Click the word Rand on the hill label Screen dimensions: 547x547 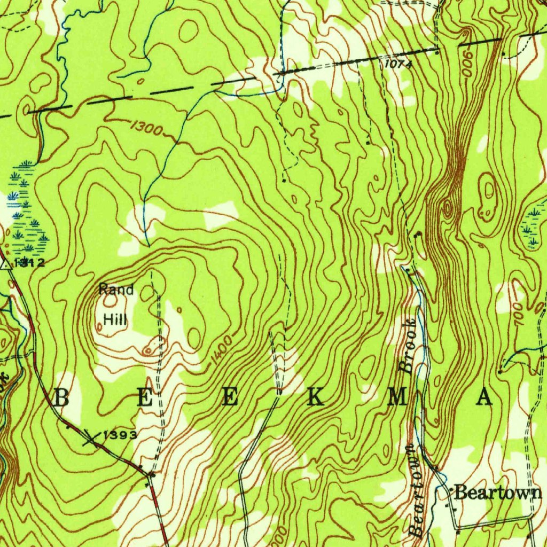click(116, 290)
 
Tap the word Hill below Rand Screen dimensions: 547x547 click(115, 319)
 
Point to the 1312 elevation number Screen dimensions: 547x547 click(30, 263)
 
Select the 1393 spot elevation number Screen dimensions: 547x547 click(121, 435)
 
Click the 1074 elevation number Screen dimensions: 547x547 click(398, 64)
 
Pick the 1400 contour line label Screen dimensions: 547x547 click(221, 351)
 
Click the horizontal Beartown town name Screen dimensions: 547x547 click(497, 493)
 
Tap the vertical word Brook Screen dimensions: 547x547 click(408, 346)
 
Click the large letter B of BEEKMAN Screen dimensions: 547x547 click(61, 398)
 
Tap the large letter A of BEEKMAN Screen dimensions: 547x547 click(485, 398)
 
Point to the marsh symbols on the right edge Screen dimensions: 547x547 click(533, 224)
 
